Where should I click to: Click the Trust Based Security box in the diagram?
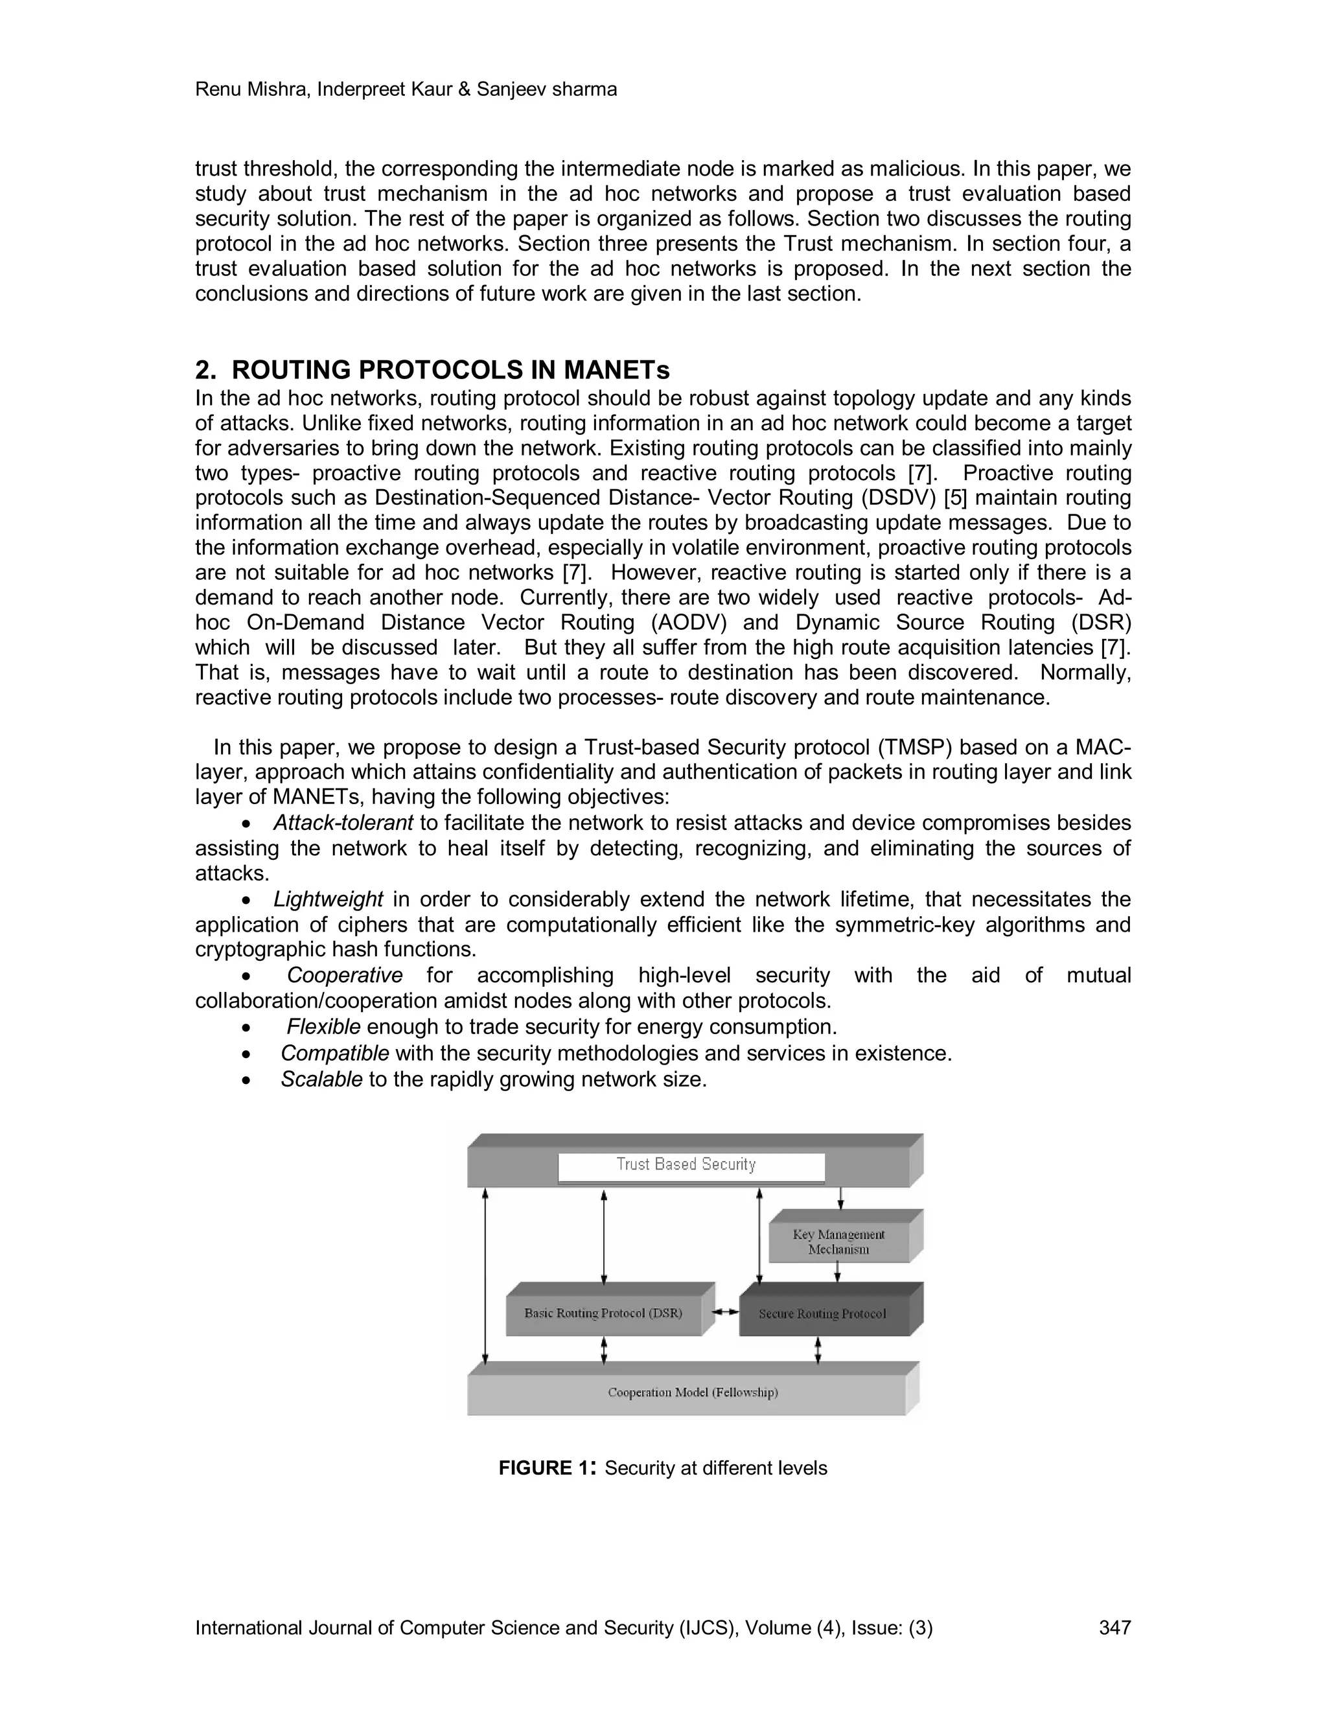pyautogui.click(x=691, y=1164)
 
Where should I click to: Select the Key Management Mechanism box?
pyautogui.click(x=838, y=1241)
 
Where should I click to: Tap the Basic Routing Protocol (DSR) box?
pyautogui.click(x=603, y=1313)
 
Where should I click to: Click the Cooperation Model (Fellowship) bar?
pyautogui.click(x=692, y=1392)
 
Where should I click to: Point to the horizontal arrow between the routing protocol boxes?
pyautogui.click(x=725, y=1311)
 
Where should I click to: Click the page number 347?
pyautogui.click(x=1114, y=1628)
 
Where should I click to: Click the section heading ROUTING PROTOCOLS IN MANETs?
pyautogui.click(x=450, y=369)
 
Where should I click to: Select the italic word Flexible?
pyautogui.click(x=323, y=1027)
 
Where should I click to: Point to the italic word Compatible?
pyautogui.click(x=334, y=1053)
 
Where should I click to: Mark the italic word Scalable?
pyautogui.click(x=321, y=1079)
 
